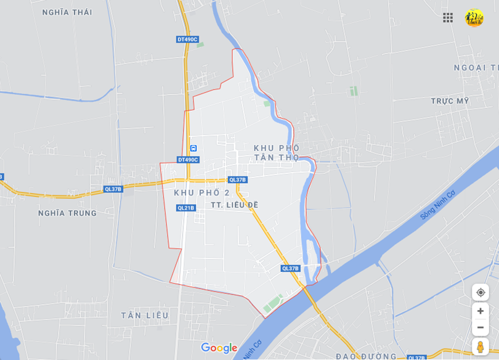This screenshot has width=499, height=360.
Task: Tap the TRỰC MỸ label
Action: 450,100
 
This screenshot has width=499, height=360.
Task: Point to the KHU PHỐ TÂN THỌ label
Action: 277,153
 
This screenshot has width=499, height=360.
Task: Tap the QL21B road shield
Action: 185,208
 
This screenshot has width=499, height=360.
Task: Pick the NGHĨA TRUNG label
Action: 67,213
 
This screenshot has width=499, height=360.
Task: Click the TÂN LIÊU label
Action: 144,316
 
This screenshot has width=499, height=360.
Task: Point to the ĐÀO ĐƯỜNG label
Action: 366,356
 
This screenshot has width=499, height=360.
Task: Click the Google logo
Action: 219,348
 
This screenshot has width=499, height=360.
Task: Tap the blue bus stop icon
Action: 193,149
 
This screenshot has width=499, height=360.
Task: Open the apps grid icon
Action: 448,17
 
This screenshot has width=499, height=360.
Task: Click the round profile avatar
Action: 474,17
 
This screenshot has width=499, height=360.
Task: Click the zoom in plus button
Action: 481,311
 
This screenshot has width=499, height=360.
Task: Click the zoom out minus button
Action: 481,327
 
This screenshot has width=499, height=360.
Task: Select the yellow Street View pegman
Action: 481,347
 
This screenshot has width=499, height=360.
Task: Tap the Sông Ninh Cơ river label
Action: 437,205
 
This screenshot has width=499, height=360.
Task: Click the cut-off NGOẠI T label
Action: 476,67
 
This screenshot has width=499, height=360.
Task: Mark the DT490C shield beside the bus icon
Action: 188,160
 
